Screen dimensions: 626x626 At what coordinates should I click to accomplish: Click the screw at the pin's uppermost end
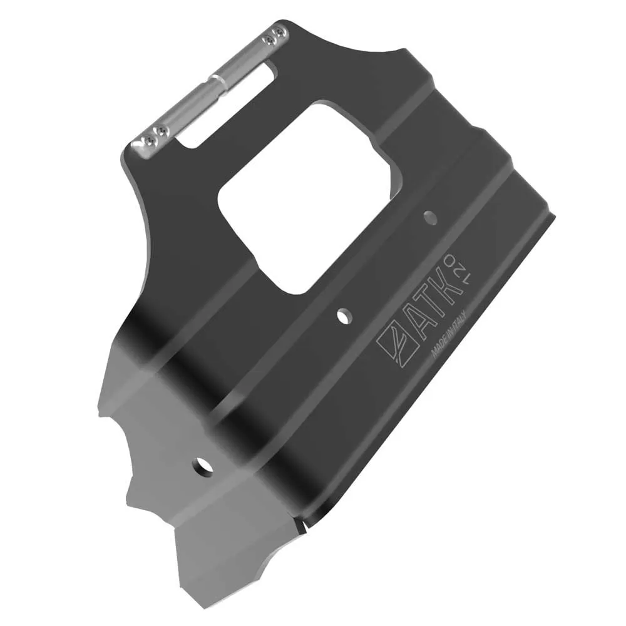click(x=278, y=31)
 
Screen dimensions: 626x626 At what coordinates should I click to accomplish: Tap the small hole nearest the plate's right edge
click(x=429, y=218)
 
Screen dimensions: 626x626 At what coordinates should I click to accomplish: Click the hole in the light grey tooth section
click(x=202, y=467)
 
